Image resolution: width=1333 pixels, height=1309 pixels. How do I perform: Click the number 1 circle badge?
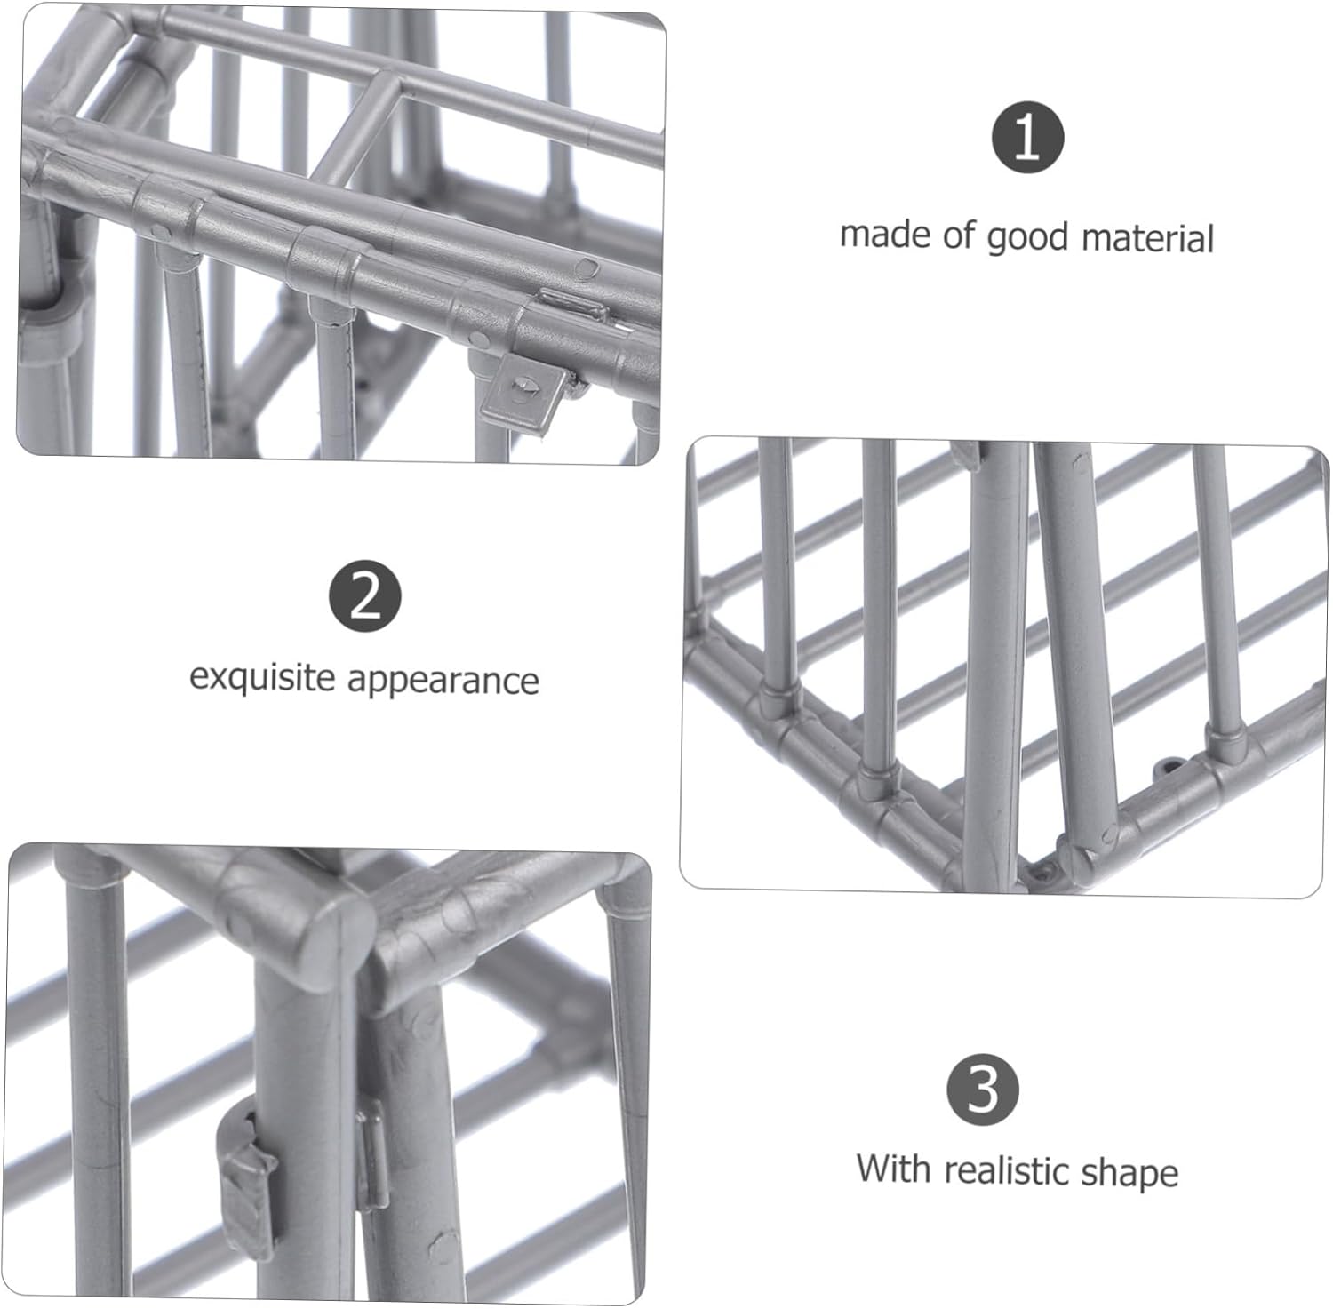1027,138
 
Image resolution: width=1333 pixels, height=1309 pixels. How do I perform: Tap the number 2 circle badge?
365,596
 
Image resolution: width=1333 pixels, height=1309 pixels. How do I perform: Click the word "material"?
1147,239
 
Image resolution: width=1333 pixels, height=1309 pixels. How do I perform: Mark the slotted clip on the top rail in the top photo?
574,307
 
